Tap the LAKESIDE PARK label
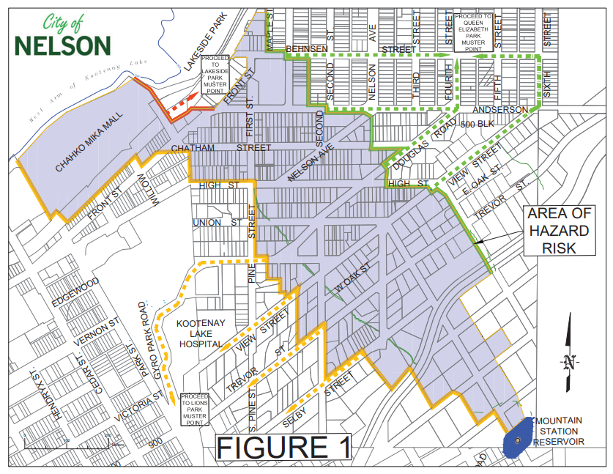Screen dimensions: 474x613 (207, 43)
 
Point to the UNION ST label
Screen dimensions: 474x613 (215, 222)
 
